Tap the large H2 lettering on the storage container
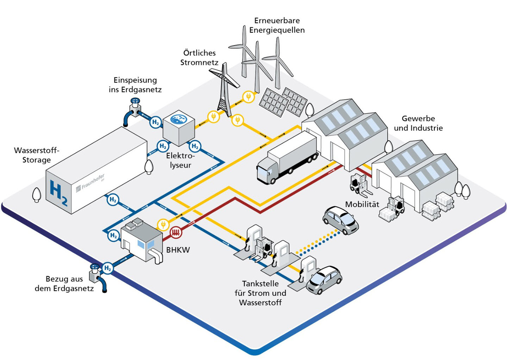(58, 193)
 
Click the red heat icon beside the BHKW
(176, 232)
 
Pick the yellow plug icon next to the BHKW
(163, 224)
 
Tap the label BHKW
(178, 250)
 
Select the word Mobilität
(362, 204)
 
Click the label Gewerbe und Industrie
(418, 123)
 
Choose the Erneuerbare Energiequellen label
(277, 25)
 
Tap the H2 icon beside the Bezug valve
(108, 268)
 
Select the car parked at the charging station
(324, 280)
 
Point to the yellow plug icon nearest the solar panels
(249, 97)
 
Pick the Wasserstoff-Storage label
(37, 155)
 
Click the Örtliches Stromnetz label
(199, 58)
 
